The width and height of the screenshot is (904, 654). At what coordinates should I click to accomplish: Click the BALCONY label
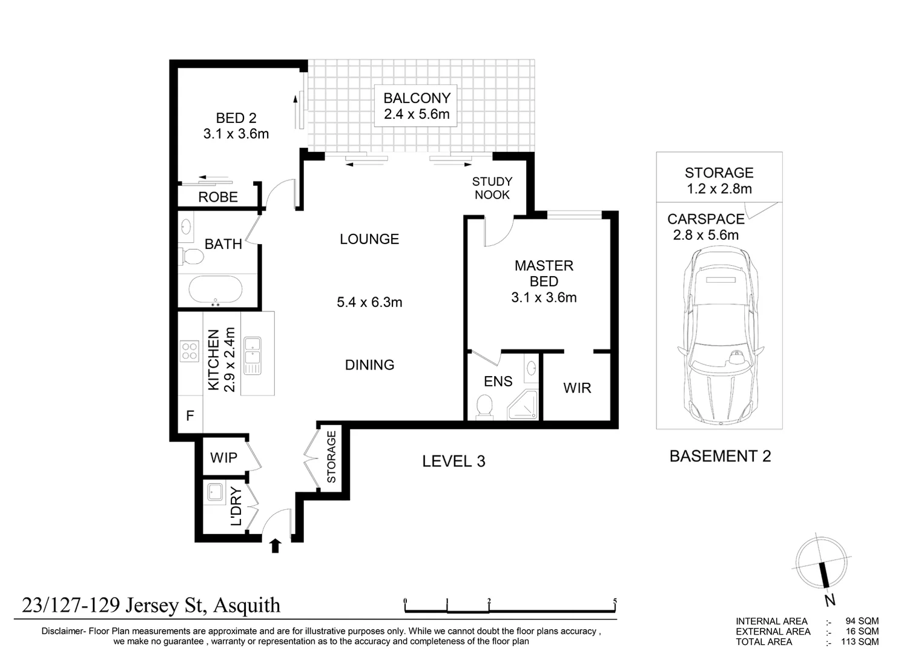tap(417, 98)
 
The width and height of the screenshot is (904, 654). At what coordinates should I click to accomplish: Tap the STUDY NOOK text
tap(492, 188)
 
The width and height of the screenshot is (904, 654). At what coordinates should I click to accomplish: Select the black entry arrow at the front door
tap(275, 546)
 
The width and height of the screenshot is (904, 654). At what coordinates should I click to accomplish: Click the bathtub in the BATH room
tap(216, 289)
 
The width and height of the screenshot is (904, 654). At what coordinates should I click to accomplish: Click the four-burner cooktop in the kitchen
tap(190, 351)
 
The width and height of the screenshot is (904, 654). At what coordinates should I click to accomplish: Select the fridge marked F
tap(190, 416)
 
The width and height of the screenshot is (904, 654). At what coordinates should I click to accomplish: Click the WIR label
tap(576, 388)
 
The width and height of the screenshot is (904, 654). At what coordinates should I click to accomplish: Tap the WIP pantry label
tap(223, 458)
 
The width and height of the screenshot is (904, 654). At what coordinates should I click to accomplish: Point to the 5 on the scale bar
tap(615, 601)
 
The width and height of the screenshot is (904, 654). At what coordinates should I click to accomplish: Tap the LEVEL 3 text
tap(454, 461)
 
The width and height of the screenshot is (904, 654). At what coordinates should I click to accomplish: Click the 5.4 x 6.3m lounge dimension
tap(369, 302)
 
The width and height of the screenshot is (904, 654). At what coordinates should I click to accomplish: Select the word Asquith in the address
tap(247, 605)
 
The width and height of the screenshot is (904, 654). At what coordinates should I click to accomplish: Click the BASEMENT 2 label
tap(720, 456)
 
